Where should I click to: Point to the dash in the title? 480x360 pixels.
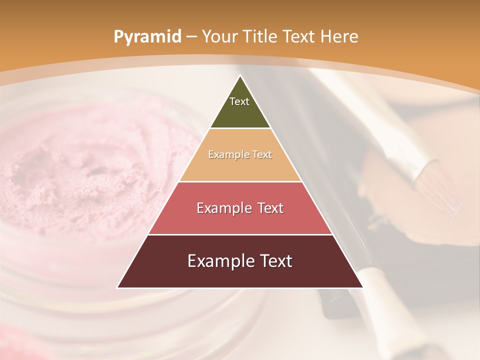coord(191,37)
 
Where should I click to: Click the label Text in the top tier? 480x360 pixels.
coord(239,101)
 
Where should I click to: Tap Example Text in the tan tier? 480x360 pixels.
coord(240,154)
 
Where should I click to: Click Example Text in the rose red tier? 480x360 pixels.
coord(240,208)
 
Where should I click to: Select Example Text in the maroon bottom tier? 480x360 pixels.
coord(240,261)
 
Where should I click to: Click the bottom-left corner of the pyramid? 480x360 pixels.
coord(118,287)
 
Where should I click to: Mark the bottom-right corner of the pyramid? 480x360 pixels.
coord(362,287)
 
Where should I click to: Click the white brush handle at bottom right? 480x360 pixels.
coord(380,290)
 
